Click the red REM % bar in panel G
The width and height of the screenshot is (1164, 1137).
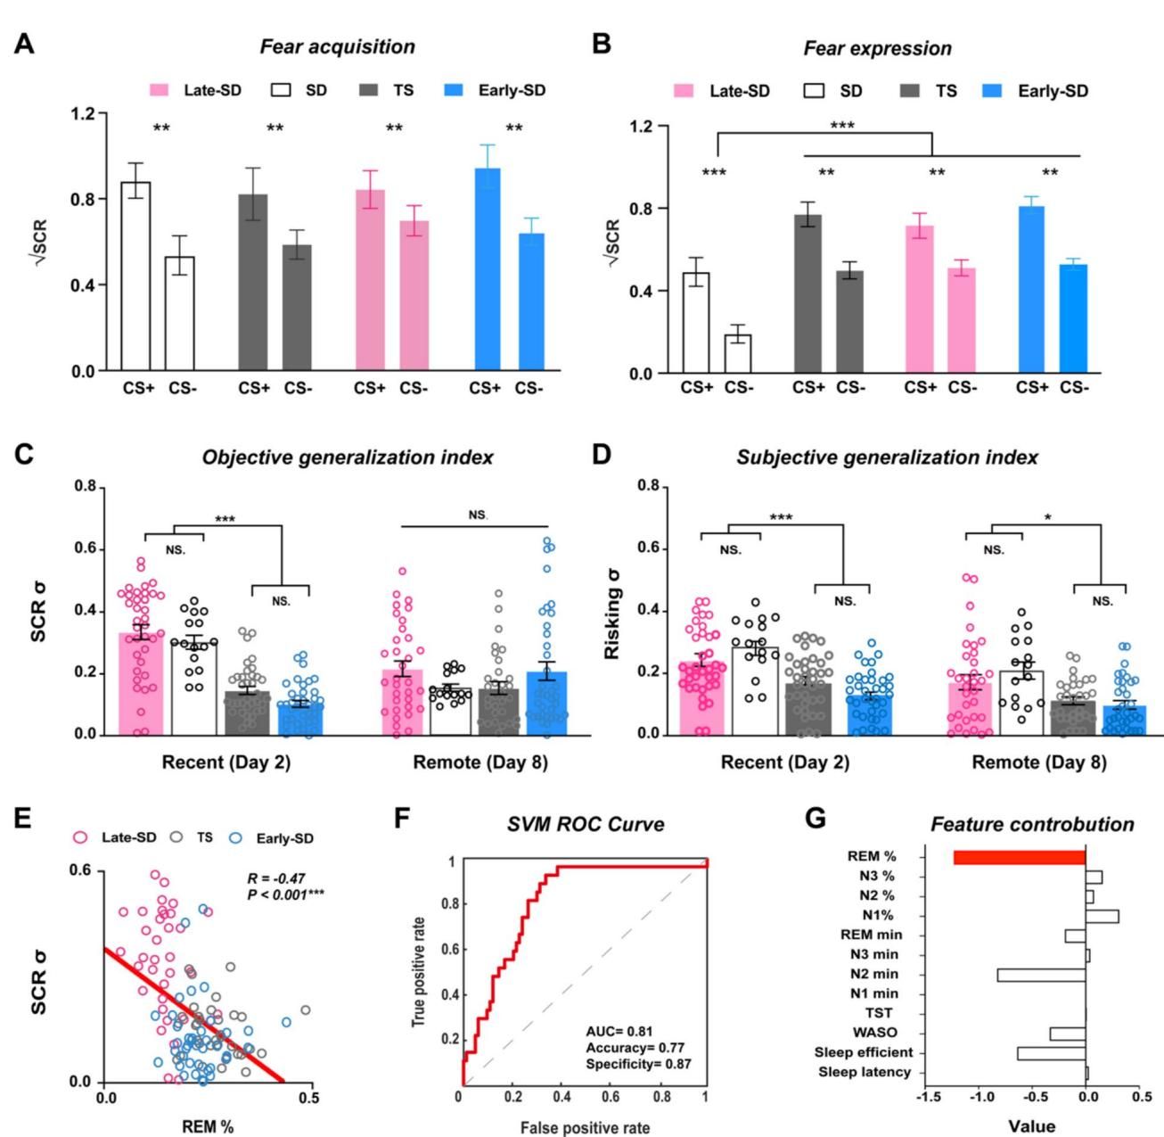[1020, 857]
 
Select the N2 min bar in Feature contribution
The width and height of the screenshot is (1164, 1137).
[1041, 975]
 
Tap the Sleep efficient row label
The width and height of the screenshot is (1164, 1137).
[863, 1053]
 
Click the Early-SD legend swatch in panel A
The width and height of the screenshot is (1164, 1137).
[455, 90]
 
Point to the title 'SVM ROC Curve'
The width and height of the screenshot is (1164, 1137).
[586, 823]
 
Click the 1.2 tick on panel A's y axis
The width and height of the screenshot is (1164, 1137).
[85, 114]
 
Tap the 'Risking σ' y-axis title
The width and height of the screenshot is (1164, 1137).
[611, 611]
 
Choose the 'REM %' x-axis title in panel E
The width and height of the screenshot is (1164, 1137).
[208, 1126]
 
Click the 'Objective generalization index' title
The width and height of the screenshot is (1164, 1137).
[348, 457]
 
